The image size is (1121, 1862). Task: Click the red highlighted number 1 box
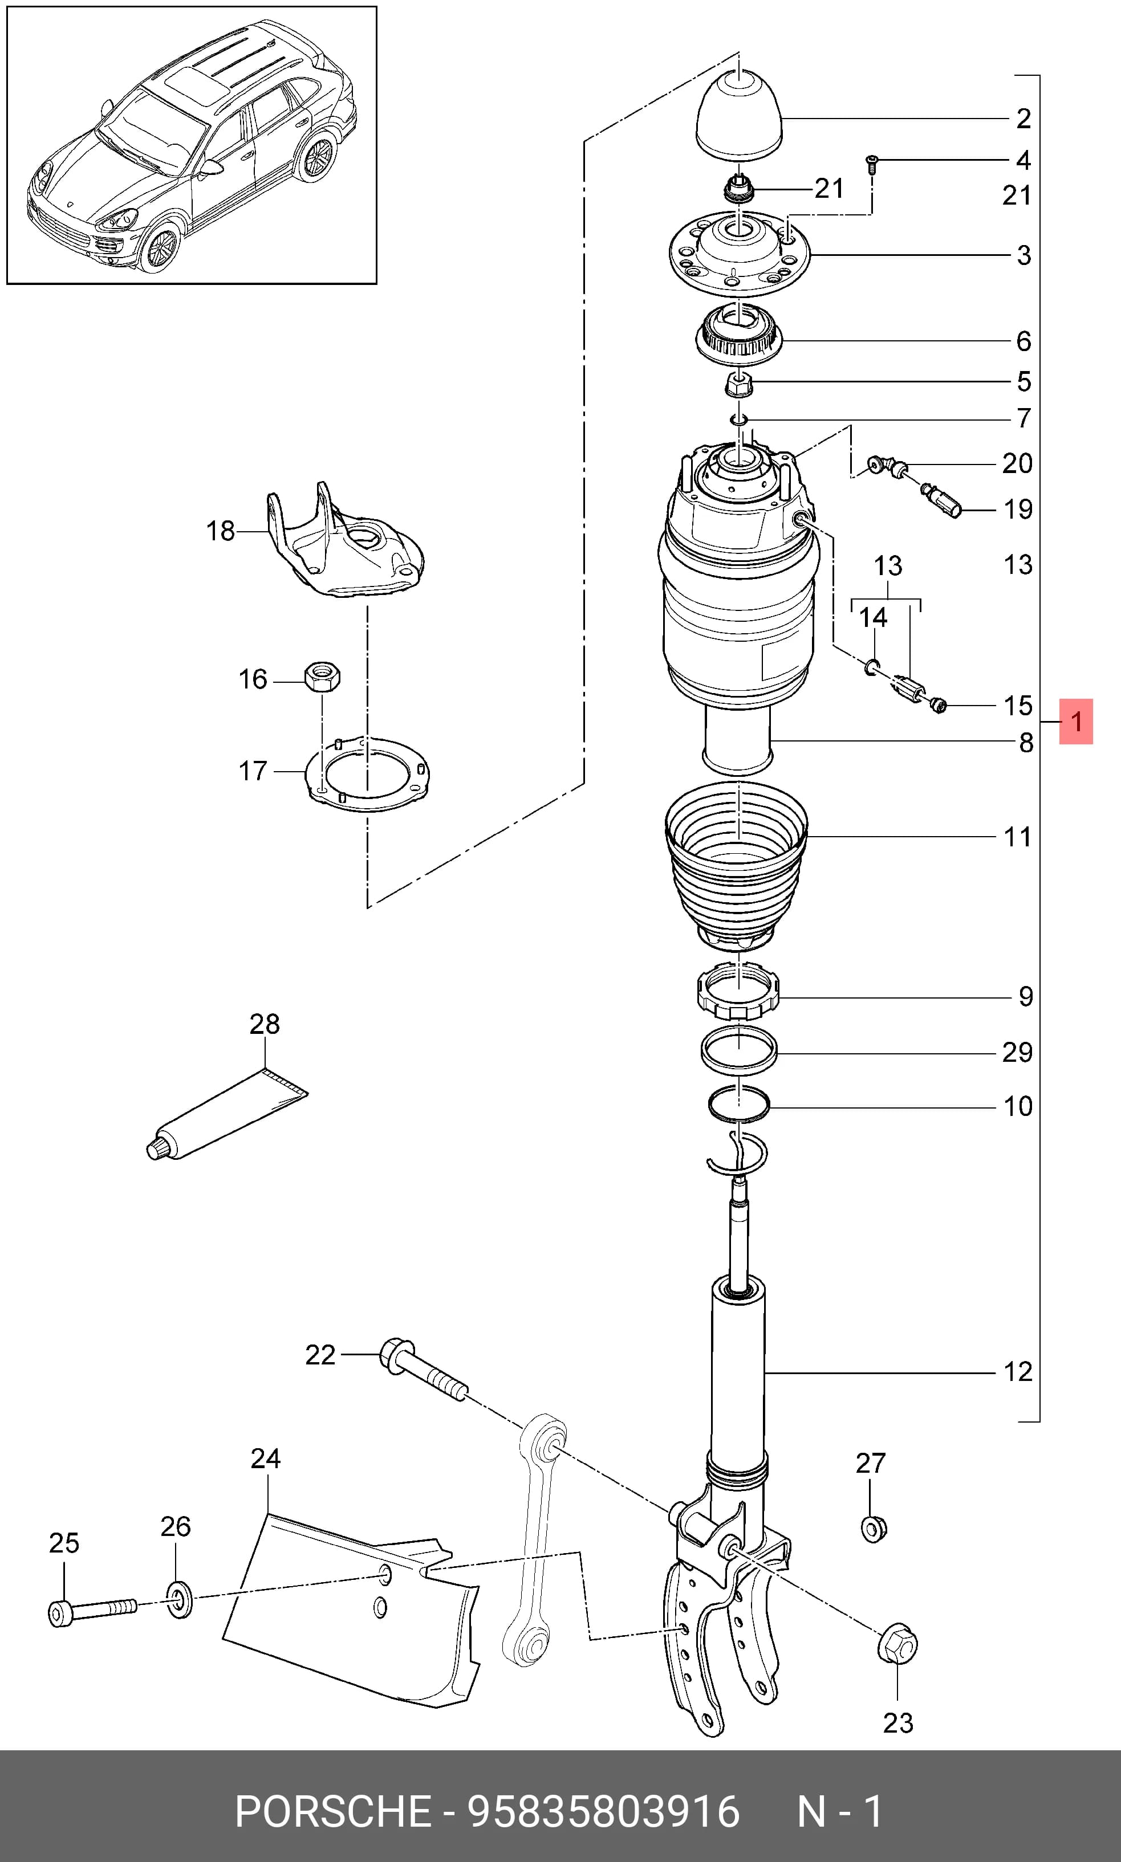point(1076,722)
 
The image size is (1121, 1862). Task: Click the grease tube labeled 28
point(226,1114)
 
